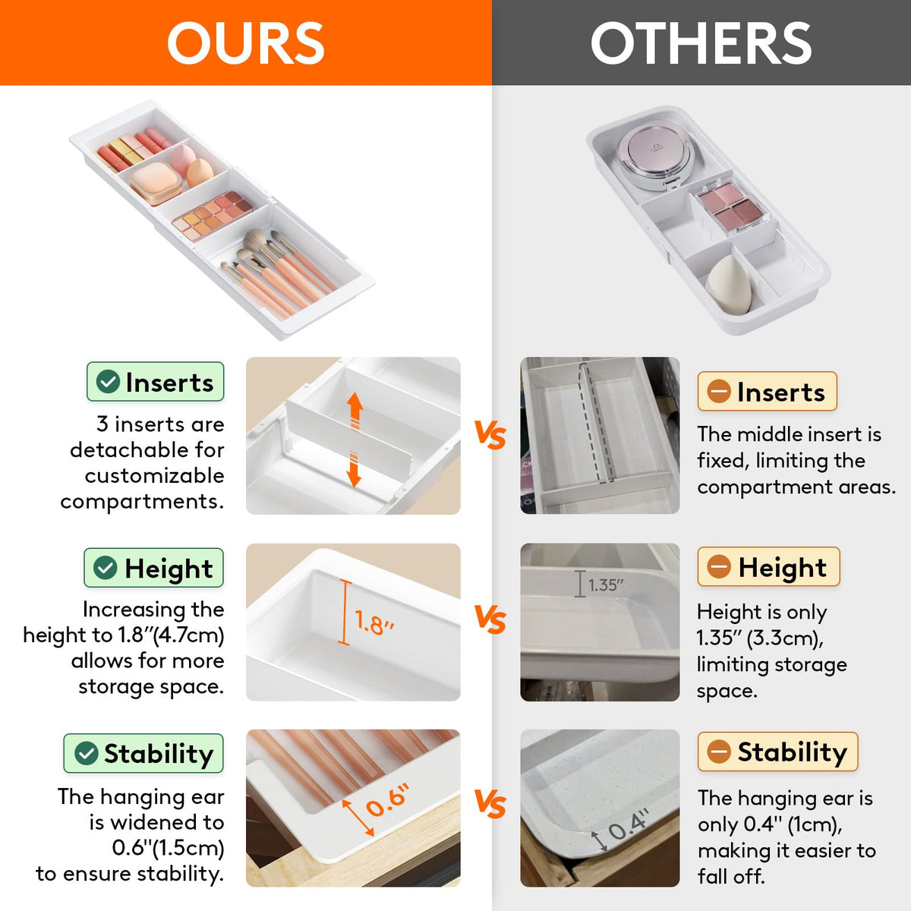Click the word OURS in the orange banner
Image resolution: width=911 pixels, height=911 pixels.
tap(246, 43)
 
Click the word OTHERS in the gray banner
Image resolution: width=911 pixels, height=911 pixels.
tap(701, 43)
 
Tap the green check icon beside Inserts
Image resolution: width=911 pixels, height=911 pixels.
tap(108, 382)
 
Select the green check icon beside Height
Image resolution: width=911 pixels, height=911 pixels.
tap(105, 567)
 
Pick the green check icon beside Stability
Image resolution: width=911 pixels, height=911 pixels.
tap(86, 753)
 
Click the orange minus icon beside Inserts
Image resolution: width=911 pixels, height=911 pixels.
tap(719, 392)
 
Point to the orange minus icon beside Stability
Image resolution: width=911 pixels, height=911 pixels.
tap(719, 752)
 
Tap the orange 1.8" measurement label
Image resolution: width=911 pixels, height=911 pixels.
tap(374, 623)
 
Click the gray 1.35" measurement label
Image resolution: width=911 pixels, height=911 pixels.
tap(606, 585)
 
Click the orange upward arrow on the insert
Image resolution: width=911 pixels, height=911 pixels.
tap(355, 411)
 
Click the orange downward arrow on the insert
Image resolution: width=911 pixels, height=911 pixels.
tap(354, 470)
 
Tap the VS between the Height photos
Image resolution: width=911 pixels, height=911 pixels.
tap(490, 619)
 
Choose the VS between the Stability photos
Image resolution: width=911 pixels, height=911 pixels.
tap(490, 804)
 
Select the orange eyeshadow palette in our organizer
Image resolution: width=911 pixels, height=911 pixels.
tap(213, 216)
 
